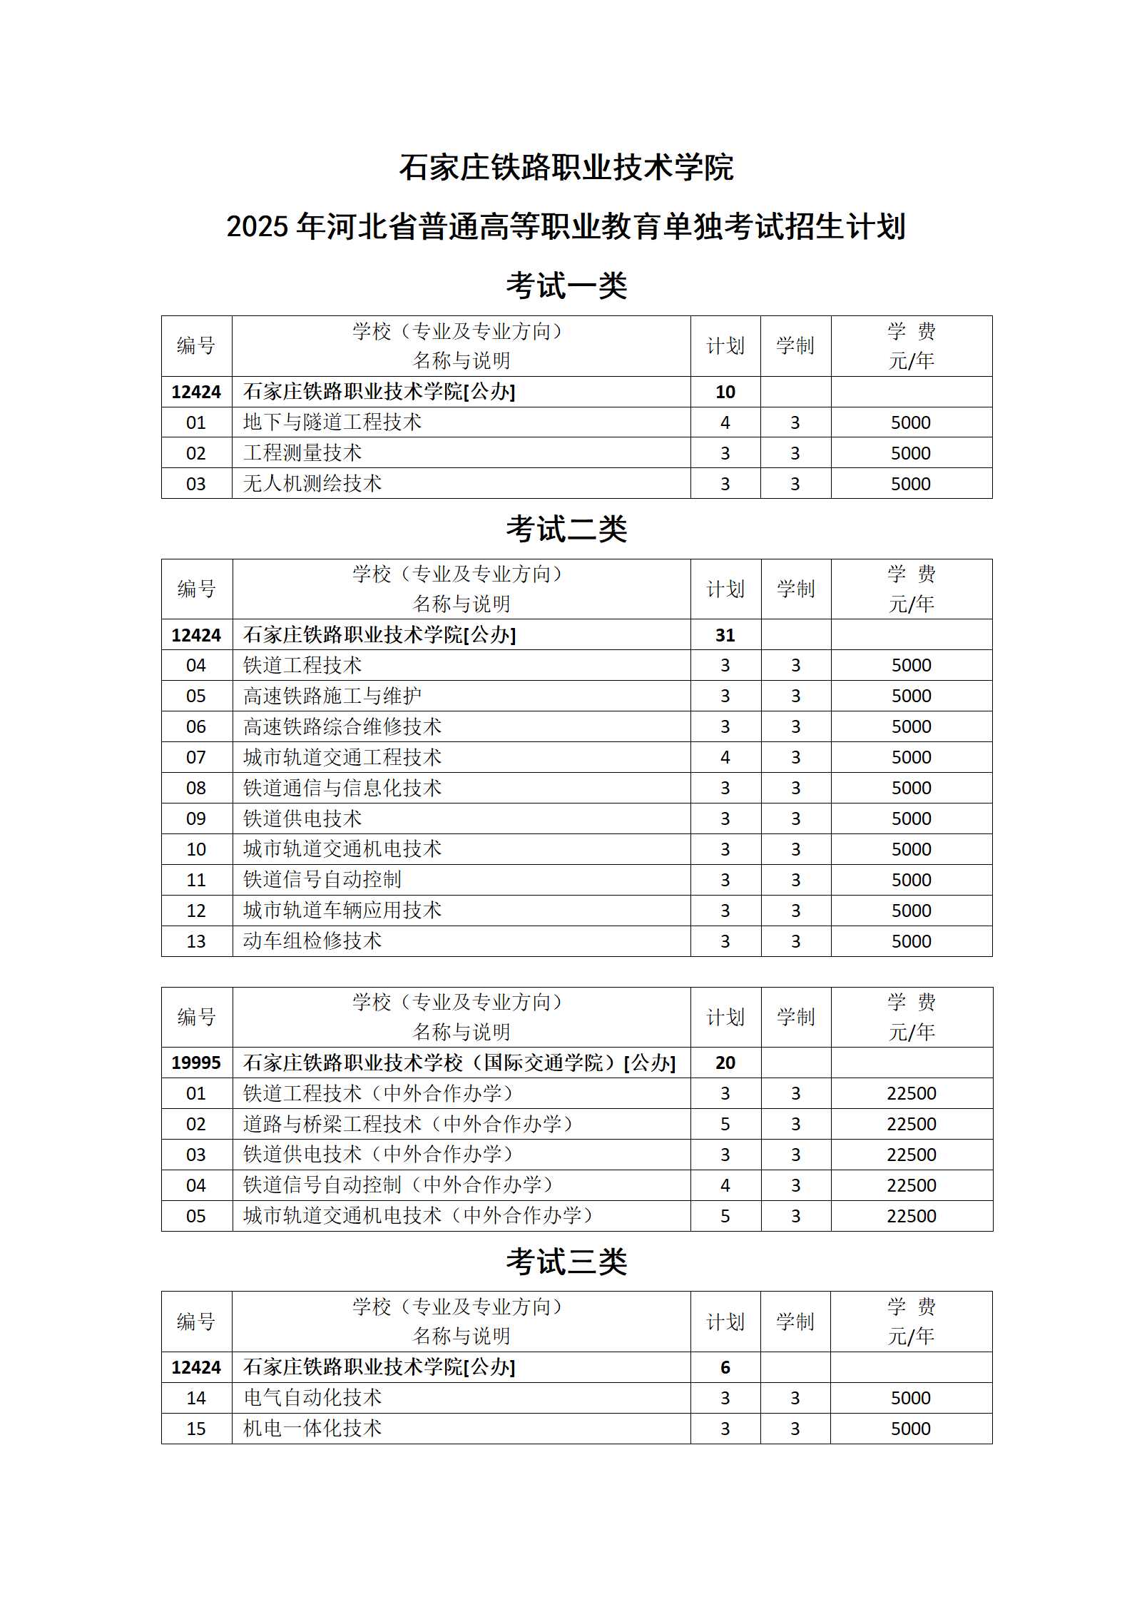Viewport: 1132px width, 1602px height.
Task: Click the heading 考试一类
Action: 566,286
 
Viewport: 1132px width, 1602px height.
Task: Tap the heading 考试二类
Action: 566,529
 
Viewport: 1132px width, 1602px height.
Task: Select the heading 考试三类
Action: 566,1262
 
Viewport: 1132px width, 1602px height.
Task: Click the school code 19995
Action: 196,1063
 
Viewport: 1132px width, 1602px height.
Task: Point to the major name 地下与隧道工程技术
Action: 332,422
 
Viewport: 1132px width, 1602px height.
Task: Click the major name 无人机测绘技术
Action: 312,484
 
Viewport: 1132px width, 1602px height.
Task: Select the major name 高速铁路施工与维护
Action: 332,696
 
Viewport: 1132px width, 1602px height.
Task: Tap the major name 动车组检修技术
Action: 312,941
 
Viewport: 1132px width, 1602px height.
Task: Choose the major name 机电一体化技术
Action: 312,1429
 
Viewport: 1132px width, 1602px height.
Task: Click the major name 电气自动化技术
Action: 312,1398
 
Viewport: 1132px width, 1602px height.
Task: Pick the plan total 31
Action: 725,635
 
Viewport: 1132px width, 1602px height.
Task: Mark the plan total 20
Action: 725,1063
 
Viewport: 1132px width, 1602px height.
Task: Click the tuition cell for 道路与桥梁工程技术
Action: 911,1124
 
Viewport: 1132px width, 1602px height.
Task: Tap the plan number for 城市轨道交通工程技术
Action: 725,757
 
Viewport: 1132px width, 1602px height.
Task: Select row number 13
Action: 196,941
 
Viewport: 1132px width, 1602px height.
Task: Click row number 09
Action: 196,818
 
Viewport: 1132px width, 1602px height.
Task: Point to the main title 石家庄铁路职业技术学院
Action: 566,168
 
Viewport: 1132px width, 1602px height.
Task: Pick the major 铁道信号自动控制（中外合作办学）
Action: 398,1185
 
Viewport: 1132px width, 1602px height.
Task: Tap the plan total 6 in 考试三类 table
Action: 725,1367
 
